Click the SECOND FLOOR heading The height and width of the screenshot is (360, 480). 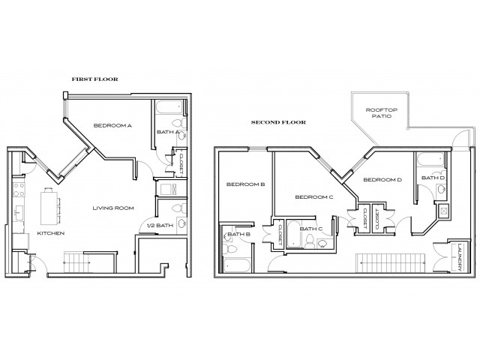pos(277,121)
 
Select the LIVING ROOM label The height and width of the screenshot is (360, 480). pos(113,208)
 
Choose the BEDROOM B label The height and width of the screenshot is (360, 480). pos(243,184)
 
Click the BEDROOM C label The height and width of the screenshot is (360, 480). pos(313,197)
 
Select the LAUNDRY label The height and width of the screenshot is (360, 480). pos(459,257)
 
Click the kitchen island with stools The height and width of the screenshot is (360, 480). pos(51,205)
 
